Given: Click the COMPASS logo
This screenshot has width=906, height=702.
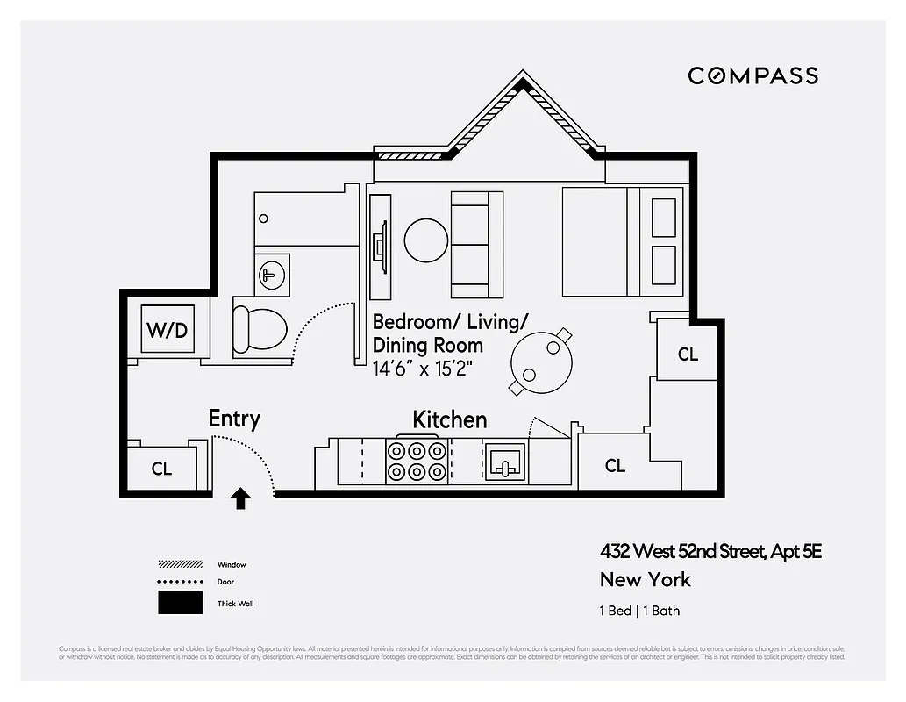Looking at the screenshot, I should [x=753, y=75].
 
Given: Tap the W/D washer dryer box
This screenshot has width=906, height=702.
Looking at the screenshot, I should [x=167, y=330].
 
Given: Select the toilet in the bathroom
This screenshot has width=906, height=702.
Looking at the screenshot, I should [x=260, y=330].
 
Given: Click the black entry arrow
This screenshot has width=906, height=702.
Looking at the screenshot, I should [x=240, y=498].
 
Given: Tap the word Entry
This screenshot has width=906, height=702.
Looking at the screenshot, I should [x=234, y=419].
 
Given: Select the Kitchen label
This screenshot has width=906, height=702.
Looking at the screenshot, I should [x=449, y=420].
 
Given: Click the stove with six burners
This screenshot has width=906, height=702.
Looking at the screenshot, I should [x=417, y=461].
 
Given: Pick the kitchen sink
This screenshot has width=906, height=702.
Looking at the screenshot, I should [x=505, y=461].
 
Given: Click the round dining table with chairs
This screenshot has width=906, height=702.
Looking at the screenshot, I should [x=542, y=360].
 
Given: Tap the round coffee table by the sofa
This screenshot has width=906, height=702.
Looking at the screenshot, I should [x=426, y=239].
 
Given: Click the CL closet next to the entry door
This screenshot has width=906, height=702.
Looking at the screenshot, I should [x=161, y=469].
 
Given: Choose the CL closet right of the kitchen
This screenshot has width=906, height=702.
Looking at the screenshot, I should [x=615, y=466].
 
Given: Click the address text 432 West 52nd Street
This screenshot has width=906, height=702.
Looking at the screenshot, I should [x=710, y=552].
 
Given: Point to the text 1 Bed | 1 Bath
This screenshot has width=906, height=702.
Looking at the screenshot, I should [x=639, y=611].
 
